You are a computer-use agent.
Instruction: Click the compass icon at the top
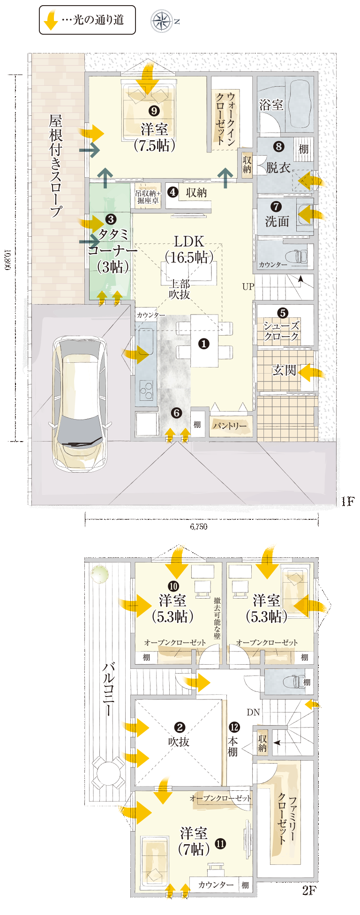pos(162,21)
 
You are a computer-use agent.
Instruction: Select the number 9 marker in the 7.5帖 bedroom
pos(154,111)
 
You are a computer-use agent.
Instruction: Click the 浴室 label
pos(271,105)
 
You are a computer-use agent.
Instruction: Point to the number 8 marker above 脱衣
pos(279,147)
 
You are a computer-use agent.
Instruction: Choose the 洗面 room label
pos(277,221)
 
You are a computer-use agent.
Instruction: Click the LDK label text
pos(189,241)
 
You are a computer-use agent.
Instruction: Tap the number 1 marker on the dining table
pos(203,344)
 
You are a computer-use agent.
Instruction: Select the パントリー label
pos(230,426)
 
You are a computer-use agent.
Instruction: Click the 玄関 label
pos(284,370)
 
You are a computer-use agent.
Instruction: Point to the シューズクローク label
pos(281,330)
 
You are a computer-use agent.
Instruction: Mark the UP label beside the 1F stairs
pos(248,286)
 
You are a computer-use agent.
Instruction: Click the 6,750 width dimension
pos(199,526)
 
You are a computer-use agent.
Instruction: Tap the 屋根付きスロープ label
pos(56,166)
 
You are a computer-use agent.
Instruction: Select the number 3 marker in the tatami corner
pos(111,219)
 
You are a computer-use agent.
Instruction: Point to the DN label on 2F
pos(253,712)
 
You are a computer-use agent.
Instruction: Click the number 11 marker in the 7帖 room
pos(220,844)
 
